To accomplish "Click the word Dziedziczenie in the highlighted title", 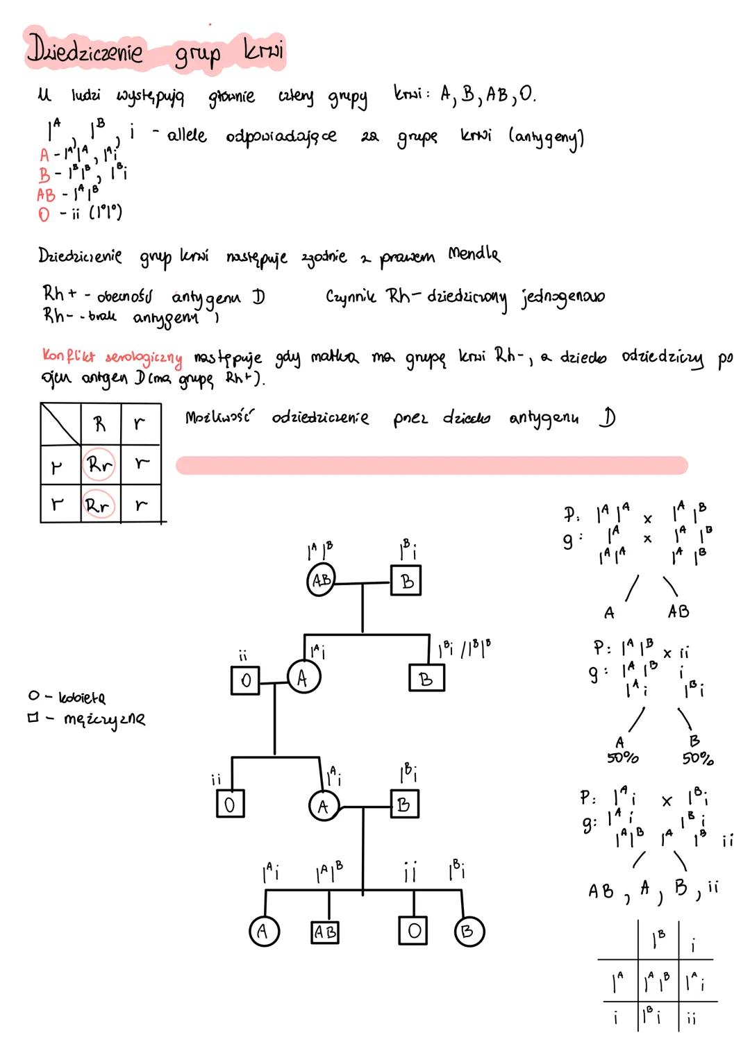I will [85, 51].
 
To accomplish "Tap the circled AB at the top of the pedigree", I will [321, 580].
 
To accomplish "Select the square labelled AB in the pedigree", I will [324, 932].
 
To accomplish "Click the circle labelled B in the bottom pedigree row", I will [468, 932].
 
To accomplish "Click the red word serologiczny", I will [144, 358].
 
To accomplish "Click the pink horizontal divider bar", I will [431, 465].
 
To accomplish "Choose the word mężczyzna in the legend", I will [104, 719].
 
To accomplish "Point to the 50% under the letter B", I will [697, 758].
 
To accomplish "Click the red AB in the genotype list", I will [46, 195].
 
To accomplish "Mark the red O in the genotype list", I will [44, 214].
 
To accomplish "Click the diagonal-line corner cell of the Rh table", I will [60, 424].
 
